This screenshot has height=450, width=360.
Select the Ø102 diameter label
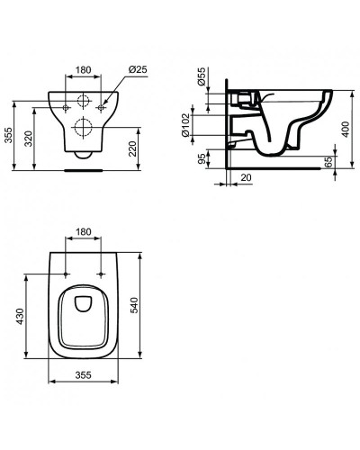point(202,126)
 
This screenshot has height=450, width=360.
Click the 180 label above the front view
point(82,67)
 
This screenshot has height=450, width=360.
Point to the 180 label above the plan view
point(82,232)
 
